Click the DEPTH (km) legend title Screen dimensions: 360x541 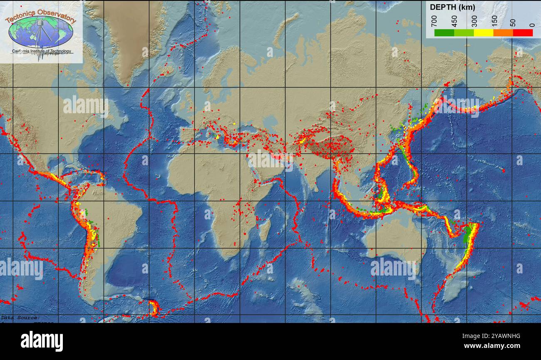click(x=452, y=7)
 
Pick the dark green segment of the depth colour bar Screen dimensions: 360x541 click(x=444, y=32)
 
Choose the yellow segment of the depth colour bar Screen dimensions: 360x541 click(x=484, y=32)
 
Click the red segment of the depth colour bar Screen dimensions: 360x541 click(x=523, y=32)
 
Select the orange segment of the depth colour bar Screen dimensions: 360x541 click(x=503, y=32)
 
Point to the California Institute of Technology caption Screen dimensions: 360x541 click(x=42, y=51)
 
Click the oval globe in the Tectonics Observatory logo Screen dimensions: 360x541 click(x=41, y=32)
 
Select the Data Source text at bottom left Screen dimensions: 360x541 click(x=20, y=318)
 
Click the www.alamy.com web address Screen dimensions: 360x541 click(x=492, y=346)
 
